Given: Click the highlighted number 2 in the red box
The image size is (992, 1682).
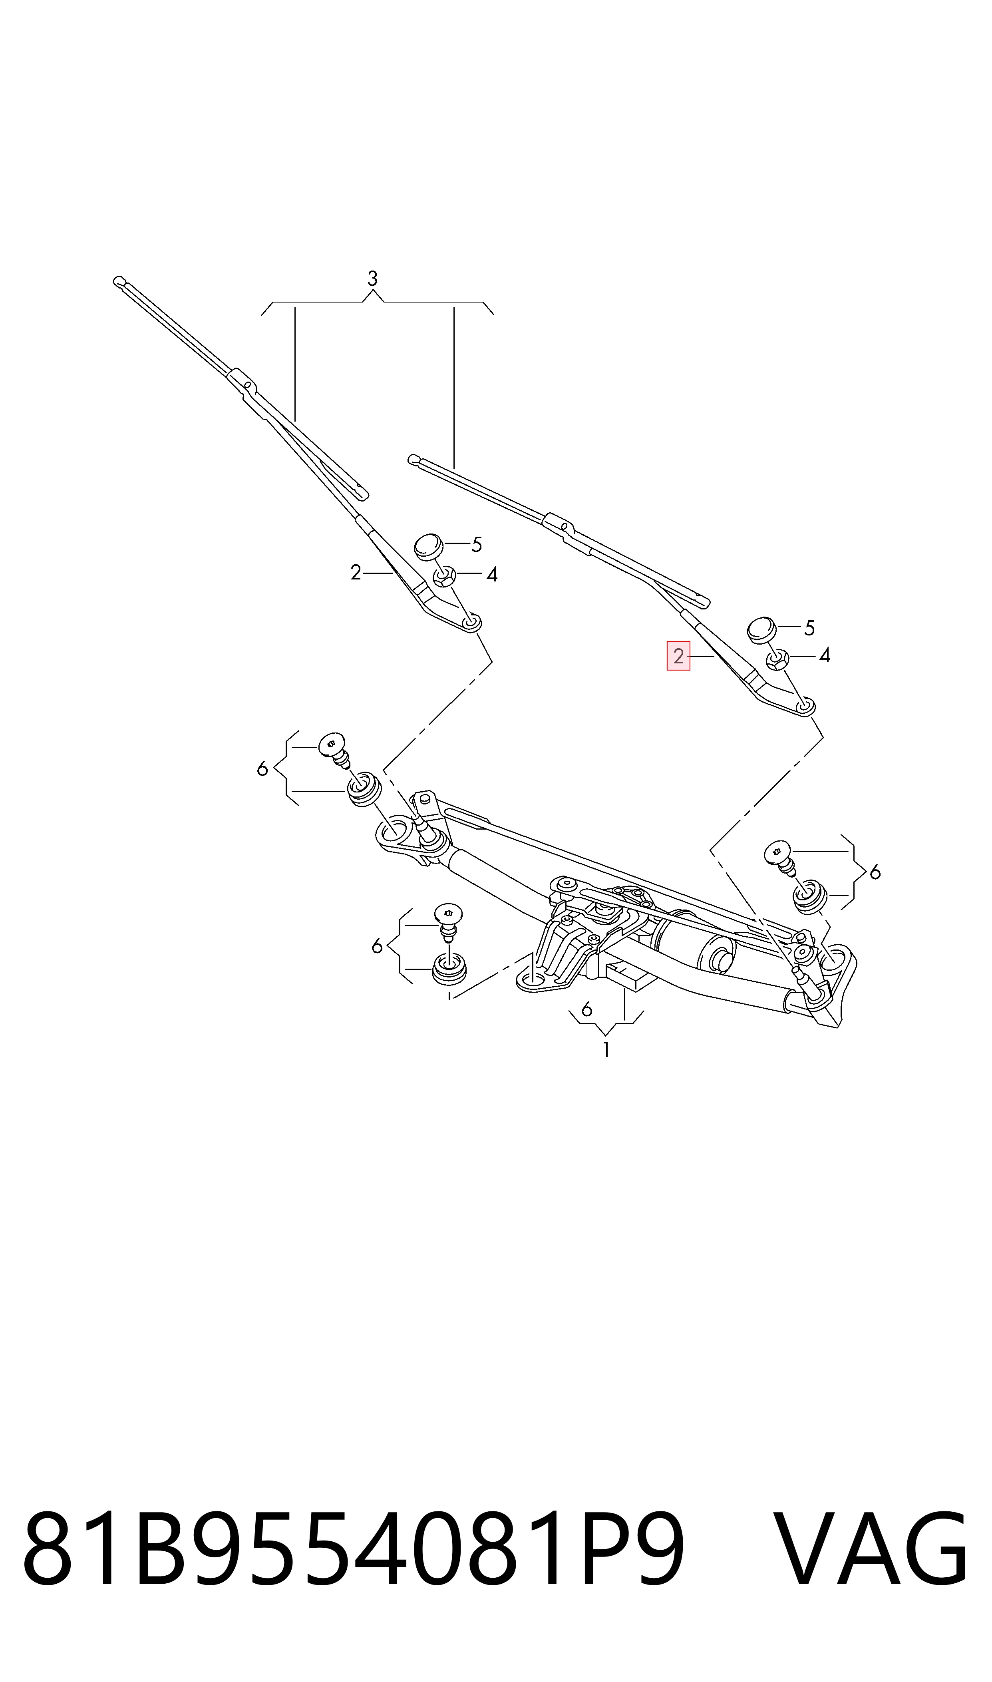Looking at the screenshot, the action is [678, 656].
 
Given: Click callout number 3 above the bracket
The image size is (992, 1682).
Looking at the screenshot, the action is [372, 278].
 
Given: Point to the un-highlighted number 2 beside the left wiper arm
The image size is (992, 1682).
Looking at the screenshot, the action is [356, 572].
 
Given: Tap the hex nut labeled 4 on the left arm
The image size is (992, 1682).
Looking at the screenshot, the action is [445, 575].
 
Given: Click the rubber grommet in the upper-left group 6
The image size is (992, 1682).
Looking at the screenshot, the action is [364, 789].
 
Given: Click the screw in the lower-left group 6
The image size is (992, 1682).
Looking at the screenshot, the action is [449, 921].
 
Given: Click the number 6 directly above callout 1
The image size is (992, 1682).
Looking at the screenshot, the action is [587, 1009].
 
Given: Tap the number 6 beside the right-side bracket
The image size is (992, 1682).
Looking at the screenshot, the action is [875, 872].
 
